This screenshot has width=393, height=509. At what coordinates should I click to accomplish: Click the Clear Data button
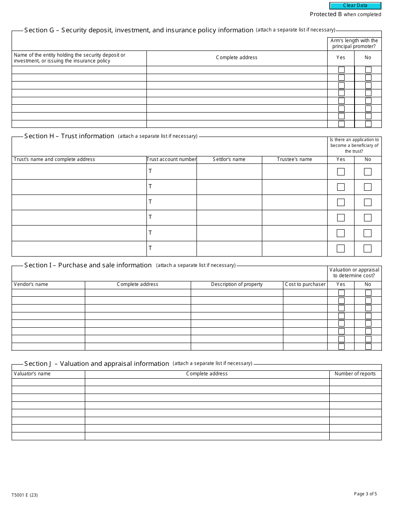tap(355, 6)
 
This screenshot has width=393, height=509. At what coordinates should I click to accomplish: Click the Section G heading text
tap(139, 30)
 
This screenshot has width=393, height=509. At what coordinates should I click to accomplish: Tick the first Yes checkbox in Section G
tap(341, 70)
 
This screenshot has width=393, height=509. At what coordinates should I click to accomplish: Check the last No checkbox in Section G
tap(368, 124)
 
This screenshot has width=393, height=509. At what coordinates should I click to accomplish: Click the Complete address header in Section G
tap(237, 58)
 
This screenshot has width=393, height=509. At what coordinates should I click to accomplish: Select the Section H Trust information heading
tap(69, 136)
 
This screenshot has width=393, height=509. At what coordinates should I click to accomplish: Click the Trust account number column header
tap(172, 159)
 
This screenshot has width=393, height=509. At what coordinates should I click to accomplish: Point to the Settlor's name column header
tap(229, 159)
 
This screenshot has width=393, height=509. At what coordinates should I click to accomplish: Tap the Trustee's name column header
tap(295, 159)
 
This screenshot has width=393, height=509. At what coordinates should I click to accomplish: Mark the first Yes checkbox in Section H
tap(341, 172)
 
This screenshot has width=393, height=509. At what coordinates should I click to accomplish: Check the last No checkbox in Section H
tap(367, 248)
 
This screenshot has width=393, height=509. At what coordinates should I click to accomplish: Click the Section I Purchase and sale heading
tap(88, 265)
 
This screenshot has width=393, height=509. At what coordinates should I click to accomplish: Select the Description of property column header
tap(237, 284)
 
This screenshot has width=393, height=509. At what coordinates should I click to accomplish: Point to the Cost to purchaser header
tap(305, 284)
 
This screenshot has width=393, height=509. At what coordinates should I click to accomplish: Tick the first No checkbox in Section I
tap(368, 293)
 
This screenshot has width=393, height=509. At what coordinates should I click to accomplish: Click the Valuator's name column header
tap(32, 374)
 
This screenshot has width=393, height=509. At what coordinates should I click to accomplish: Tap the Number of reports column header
tap(355, 374)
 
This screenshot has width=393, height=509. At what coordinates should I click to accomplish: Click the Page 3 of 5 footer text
tap(365, 494)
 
